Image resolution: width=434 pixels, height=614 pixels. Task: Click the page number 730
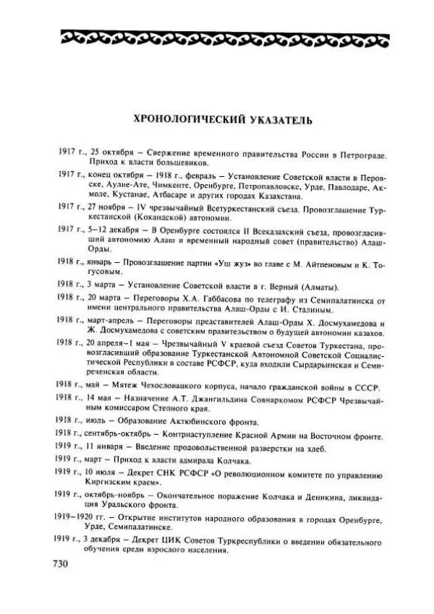pyautogui.click(x=63, y=565)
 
